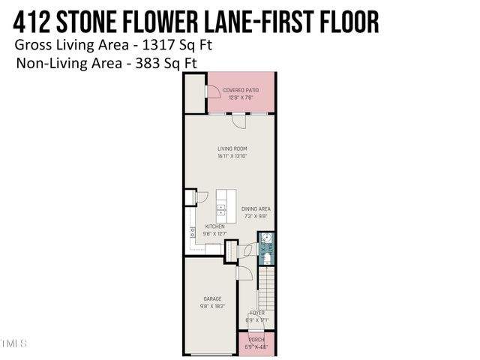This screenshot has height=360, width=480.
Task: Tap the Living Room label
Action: pos(232,148)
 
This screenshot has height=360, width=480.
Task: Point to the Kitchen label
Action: pos(216,226)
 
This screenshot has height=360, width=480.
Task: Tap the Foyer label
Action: pos(256,313)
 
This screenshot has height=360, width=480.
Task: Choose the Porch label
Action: pos(256,339)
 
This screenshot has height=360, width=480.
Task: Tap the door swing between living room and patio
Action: pos(238,120)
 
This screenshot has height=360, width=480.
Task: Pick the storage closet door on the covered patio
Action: pos(213,93)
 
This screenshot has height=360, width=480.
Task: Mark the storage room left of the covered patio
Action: pos(194,93)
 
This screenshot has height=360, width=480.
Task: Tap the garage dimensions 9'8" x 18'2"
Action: pos(212,306)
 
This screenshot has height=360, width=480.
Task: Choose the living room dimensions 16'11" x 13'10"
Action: pos(232,156)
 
